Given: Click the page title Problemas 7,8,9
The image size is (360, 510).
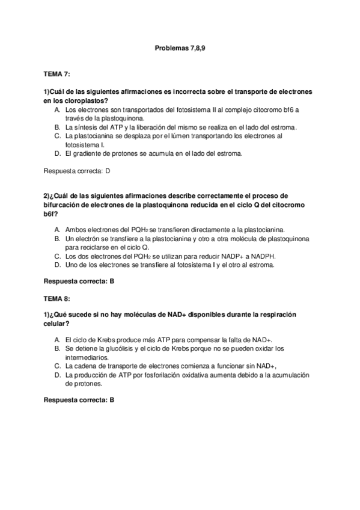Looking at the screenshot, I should (180, 46).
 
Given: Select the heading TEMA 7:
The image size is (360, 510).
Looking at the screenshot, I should (57, 74).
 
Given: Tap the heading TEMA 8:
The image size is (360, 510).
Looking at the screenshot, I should (57, 298).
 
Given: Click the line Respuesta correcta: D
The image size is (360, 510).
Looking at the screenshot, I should (77, 171).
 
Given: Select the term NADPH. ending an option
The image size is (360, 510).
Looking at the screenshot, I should (263, 256).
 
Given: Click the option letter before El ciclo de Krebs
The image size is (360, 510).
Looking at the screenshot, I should (56, 340).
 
